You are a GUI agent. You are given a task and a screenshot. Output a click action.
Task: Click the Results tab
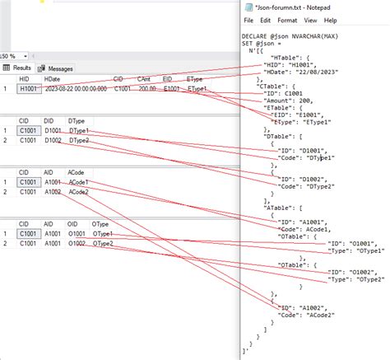pos(18,68)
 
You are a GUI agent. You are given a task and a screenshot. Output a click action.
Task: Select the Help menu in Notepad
pos(329,19)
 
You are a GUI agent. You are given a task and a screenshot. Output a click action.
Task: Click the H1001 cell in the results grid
pos(29,88)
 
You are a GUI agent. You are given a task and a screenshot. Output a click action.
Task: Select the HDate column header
pos(52,79)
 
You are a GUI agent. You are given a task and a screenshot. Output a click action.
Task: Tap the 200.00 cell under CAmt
pos(147,88)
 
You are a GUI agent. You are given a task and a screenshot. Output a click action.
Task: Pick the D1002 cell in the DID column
pos(53,141)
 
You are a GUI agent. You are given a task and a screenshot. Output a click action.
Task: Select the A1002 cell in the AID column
pos(53,192)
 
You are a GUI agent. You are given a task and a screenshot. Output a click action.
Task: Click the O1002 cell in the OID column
pos(77,244)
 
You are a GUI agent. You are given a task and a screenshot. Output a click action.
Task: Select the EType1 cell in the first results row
pos(199,88)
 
